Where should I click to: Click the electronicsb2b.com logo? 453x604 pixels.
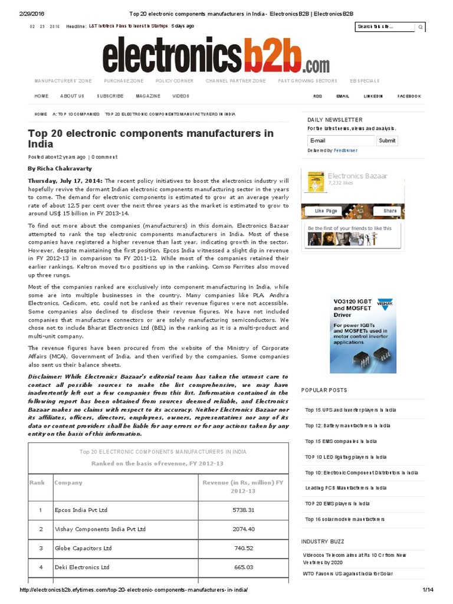click(216, 55)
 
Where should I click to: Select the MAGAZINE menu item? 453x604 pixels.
click(147, 96)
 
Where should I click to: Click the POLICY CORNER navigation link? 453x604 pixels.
click(175, 81)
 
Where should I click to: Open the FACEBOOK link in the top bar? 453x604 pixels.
click(409, 96)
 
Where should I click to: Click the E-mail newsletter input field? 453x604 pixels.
click(340, 141)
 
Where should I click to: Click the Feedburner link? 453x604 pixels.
click(345, 150)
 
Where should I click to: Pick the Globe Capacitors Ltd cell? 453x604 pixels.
click(83, 548)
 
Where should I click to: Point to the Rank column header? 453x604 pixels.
click(37, 482)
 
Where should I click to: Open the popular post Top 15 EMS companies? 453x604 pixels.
click(340, 441)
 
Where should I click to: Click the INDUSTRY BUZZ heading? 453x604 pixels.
click(323, 541)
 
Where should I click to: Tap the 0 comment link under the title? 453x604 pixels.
click(104, 157)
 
